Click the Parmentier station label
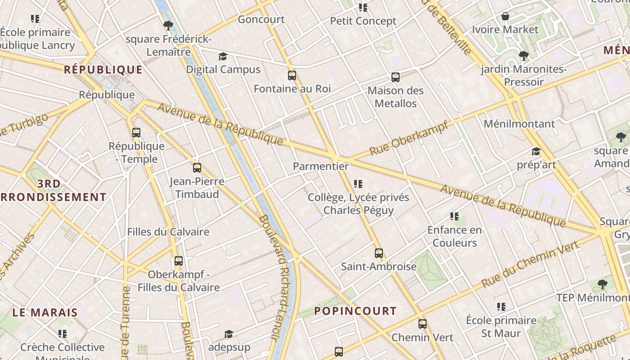[320, 166]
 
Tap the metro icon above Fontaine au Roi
[292, 76]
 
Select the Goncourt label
[261, 19]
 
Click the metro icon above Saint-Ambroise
[379, 253]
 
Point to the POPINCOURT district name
[355, 311]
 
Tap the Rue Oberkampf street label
[409, 138]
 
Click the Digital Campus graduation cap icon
[223, 57]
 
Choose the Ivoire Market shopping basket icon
[505, 17]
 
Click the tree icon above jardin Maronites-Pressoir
[523, 56]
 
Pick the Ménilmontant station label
[519, 124]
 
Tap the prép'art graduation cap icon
[536, 152]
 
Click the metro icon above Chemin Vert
[422, 324]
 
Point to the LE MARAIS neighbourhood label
[45, 312]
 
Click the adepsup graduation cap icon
[229, 334]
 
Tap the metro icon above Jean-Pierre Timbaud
[197, 168]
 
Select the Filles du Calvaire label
[168, 232]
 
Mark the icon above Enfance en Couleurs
[454, 217]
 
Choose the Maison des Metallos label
[396, 97]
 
